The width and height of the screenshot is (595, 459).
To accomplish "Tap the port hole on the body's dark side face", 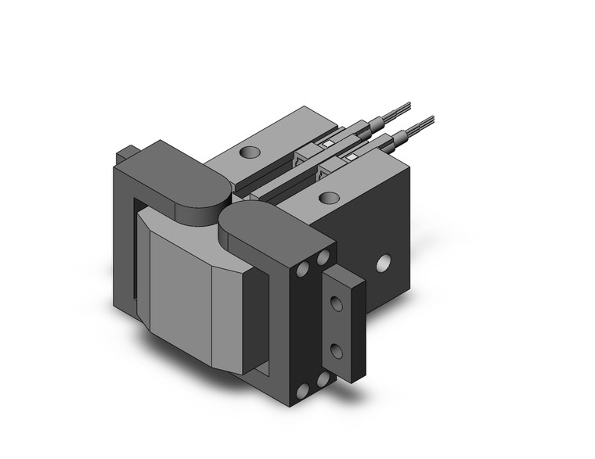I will (x=384, y=264).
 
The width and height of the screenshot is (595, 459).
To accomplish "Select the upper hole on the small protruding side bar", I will (x=337, y=303).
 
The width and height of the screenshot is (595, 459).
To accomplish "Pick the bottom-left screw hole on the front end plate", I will (x=302, y=390).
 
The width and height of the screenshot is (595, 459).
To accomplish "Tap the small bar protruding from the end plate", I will (x=344, y=326).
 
